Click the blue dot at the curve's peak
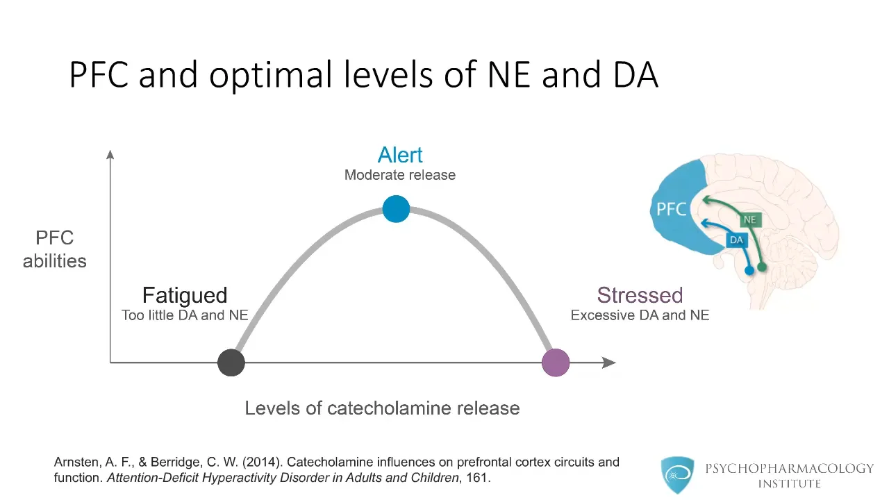coord(396,209)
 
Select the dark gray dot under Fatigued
coord(231,362)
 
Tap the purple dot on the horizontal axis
coord(556,362)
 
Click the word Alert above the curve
coord(400,155)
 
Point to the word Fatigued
coord(185,295)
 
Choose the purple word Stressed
coord(640,295)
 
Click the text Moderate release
coord(400,175)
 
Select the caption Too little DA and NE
coord(185,315)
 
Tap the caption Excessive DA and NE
coord(640,315)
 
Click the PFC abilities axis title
coord(55,249)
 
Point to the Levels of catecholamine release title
coord(382,408)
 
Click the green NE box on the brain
coord(749,220)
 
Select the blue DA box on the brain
coord(736,240)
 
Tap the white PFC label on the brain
coord(672,209)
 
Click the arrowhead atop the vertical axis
coord(110,154)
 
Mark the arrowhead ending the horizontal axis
coord(609,362)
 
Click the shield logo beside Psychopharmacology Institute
coord(676,475)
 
